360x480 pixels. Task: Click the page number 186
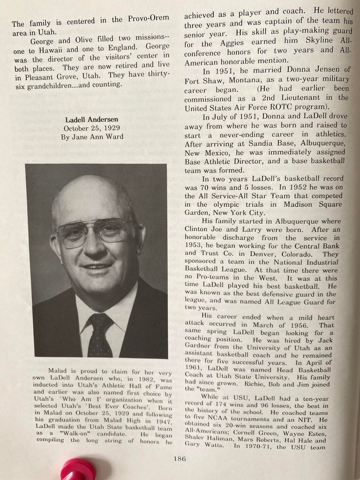(x=179, y=458)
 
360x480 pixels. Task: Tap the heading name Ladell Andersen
(x=92, y=120)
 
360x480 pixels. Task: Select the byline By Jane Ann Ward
(x=92, y=137)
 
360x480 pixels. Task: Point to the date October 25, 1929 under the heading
(x=92, y=128)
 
